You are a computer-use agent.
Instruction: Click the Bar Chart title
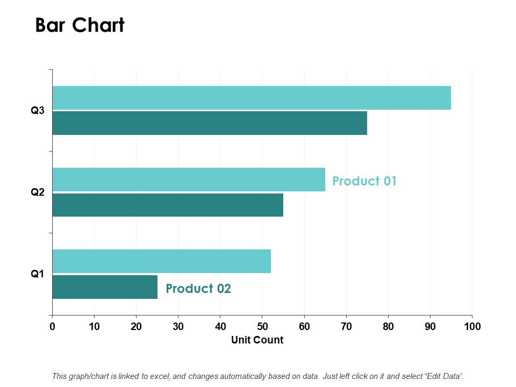pyautogui.click(x=80, y=25)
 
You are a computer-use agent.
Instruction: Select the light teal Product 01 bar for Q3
pyautogui.click(x=251, y=98)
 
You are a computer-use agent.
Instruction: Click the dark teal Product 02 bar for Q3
pyautogui.click(x=210, y=123)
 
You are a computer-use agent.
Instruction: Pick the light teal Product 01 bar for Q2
pyautogui.click(x=188, y=180)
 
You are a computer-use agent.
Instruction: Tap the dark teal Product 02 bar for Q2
pyautogui.click(x=168, y=205)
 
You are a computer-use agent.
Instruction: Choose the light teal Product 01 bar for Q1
pyautogui.click(x=161, y=261)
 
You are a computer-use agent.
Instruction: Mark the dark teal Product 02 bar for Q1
pyautogui.click(x=105, y=287)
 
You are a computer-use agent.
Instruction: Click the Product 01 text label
pyautogui.click(x=364, y=181)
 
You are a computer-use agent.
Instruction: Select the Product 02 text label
pyautogui.click(x=198, y=289)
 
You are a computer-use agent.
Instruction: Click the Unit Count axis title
pyautogui.click(x=257, y=340)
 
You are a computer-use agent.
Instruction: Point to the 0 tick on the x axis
pyautogui.click(x=52, y=326)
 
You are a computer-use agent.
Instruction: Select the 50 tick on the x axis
pyautogui.click(x=262, y=326)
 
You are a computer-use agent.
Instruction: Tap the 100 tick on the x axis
pyautogui.click(x=472, y=326)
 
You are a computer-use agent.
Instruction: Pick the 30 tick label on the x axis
pyautogui.click(x=178, y=326)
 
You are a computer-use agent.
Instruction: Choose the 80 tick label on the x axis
pyautogui.click(x=388, y=326)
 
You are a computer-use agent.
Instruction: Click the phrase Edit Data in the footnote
pyautogui.click(x=443, y=376)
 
